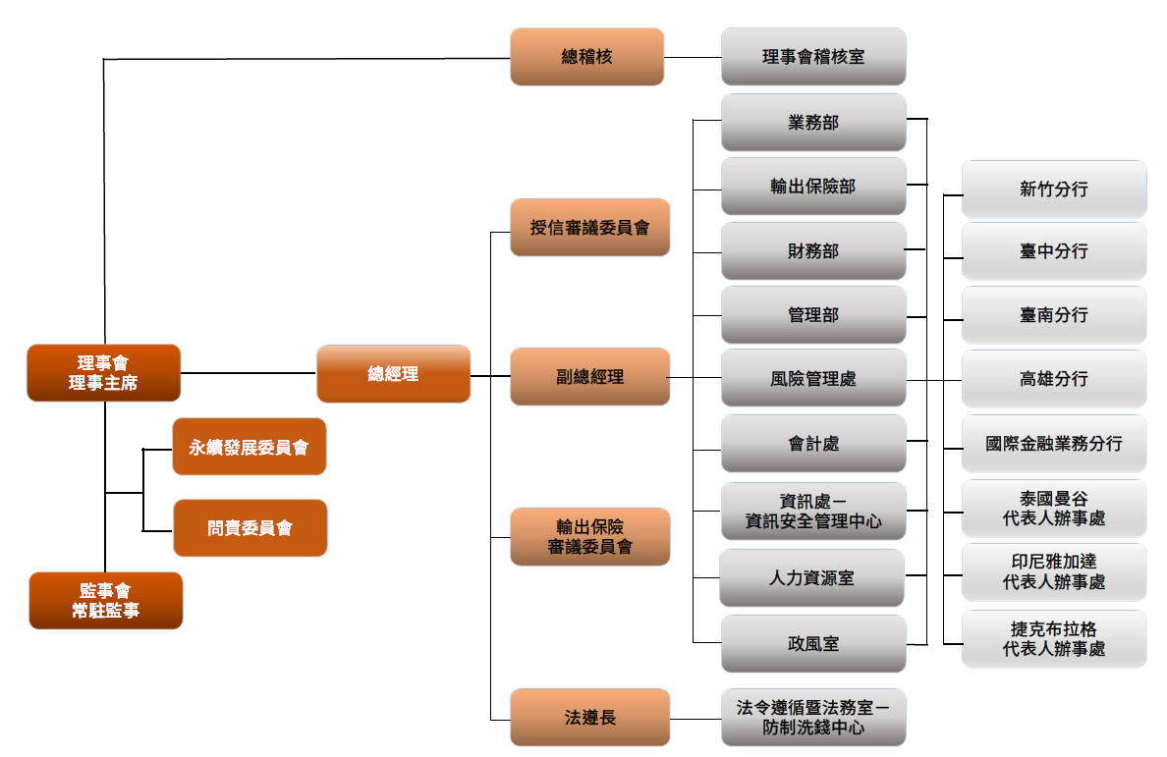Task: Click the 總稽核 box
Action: coord(586,57)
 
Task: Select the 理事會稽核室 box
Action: coord(812,57)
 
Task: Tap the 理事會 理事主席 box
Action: coord(103,373)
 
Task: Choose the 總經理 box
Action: coord(393,373)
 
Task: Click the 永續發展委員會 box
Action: coord(249,447)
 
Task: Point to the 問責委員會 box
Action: coord(250,528)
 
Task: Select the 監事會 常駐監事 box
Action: coord(105,600)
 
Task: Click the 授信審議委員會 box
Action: coord(589,228)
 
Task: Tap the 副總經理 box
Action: coord(589,376)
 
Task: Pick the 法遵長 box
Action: coord(589,718)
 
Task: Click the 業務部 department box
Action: coord(812,123)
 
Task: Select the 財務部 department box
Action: coord(812,251)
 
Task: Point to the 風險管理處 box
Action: coord(812,378)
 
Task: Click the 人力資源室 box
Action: coord(811,578)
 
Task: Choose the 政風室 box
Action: coord(812,644)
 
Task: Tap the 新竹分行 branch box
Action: coord(1053,189)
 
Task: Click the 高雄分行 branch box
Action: coord(1053,378)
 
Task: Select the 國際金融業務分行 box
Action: coord(1053,444)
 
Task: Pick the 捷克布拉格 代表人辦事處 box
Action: coord(1053,639)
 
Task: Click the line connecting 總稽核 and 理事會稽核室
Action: coord(693,57)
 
